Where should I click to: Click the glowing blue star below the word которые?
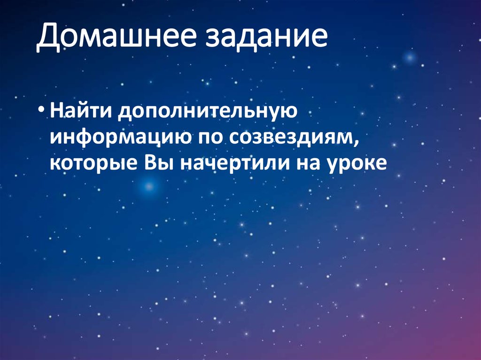coord(149,187)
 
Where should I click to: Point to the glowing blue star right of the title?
coord(410,58)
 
